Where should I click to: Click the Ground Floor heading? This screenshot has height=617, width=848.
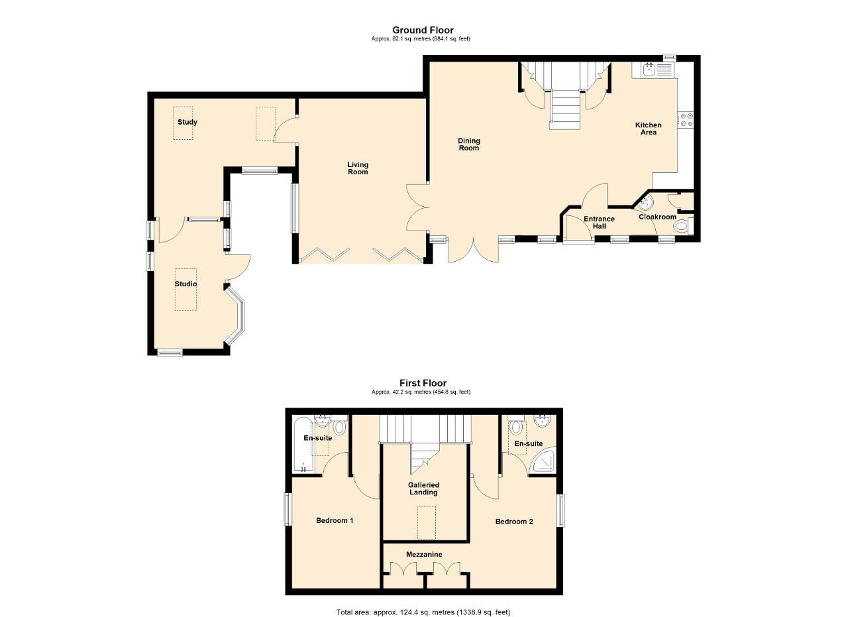coord(423,30)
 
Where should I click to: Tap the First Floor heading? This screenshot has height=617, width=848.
coord(423,383)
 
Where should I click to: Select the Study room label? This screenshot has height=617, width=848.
coord(187,122)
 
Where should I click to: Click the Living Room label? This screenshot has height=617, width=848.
coord(358,168)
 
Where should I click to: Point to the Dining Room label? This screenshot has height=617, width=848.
coord(469,144)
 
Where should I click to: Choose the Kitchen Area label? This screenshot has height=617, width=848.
coord(648,129)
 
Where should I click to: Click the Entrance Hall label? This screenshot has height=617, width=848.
coord(599,223)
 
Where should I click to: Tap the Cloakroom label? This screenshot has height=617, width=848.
coord(657,217)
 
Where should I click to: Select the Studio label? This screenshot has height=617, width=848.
coord(185,284)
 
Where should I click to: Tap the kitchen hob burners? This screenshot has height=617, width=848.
coord(686,120)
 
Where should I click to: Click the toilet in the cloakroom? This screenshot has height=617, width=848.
coord(683,227)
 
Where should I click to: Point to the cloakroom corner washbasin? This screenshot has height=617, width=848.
coord(646,203)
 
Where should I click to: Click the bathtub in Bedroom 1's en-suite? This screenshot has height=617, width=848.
coord(303,445)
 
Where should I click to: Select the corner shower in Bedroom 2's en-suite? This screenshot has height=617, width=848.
coord(545,461)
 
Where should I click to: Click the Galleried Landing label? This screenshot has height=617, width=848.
coord(423,488)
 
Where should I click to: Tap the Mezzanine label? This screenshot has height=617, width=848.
coord(424,555)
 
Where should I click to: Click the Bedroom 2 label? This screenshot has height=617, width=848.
coord(514,522)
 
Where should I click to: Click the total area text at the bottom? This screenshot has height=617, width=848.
coord(423,602)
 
